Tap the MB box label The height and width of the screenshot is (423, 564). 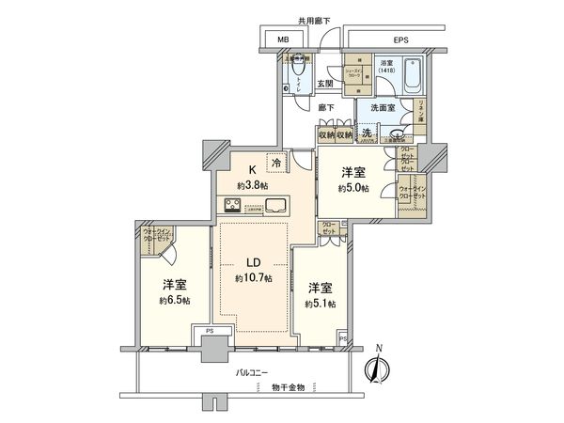283,40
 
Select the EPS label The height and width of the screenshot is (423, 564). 400,40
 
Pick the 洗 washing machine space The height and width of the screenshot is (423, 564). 368,134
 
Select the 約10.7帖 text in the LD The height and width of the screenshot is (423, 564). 254,279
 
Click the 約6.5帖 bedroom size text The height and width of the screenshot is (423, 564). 173,301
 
